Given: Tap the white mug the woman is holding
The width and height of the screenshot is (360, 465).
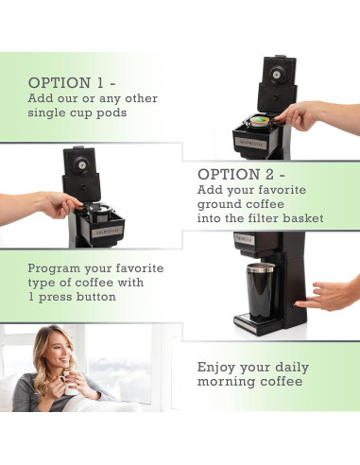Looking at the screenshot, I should click(x=71, y=387).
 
